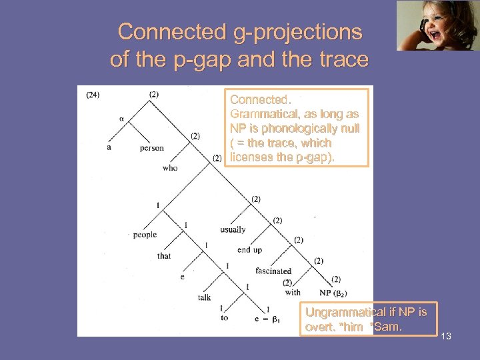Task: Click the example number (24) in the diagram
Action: pos(93,95)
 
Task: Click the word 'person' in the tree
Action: pos(151,148)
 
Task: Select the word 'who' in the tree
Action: pos(170,168)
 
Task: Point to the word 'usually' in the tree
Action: pos(233,229)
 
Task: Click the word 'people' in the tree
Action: pos(145,235)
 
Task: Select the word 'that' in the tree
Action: pos(164,256)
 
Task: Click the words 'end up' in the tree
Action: pos(249,250)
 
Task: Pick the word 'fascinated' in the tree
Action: pos(273,271)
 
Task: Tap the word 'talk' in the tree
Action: pos(204,297)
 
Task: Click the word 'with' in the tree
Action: pos(293,292)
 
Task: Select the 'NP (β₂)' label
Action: pos(333,293)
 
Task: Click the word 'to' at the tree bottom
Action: pos(224,318)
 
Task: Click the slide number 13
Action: pos(446,336)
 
